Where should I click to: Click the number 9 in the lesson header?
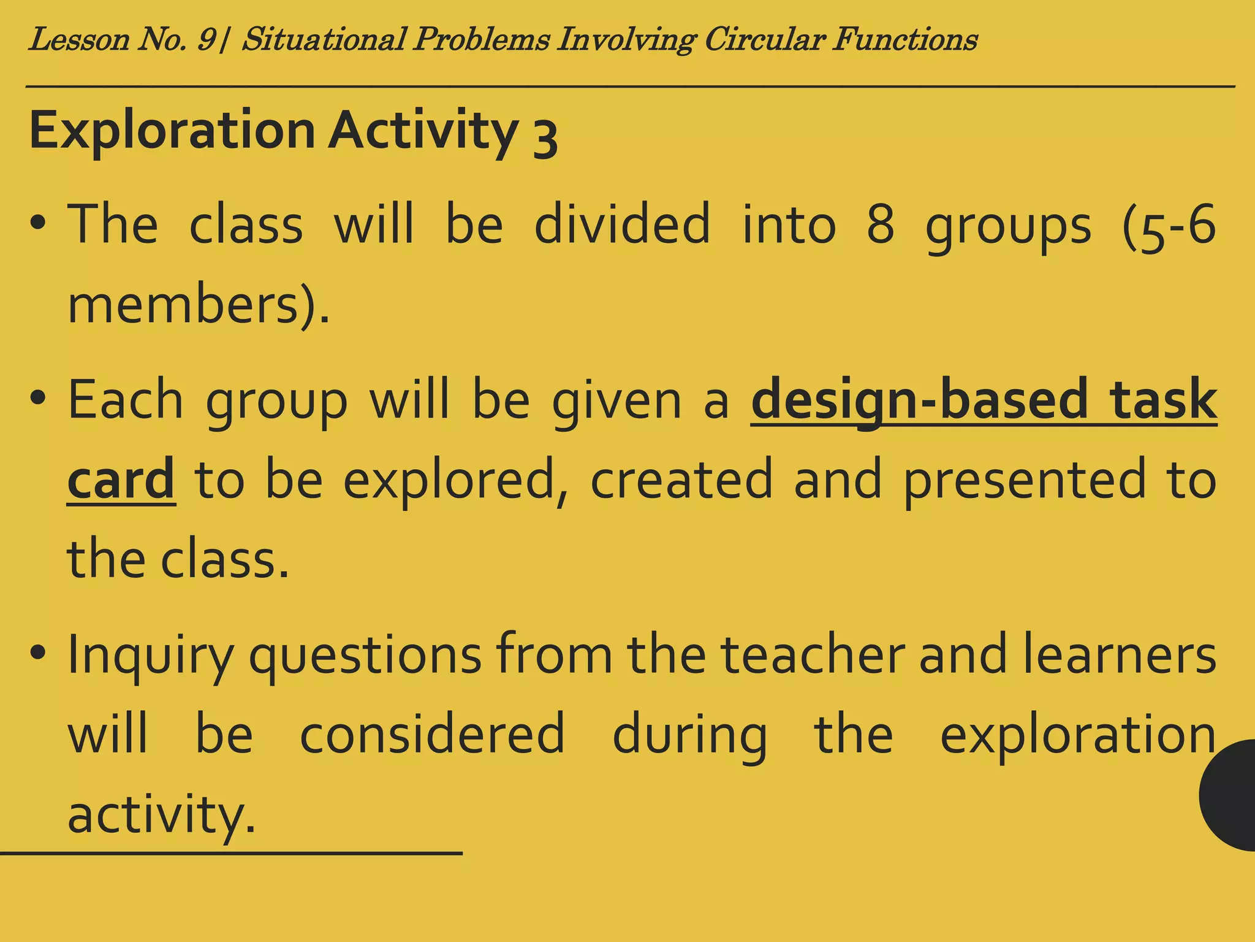click(206, 40)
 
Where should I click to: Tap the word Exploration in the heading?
click(172, 131)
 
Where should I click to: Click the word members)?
click(198, 305)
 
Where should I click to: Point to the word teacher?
click(812, 654)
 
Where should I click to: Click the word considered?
click(432, 734)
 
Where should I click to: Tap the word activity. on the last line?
click(161, 815)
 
